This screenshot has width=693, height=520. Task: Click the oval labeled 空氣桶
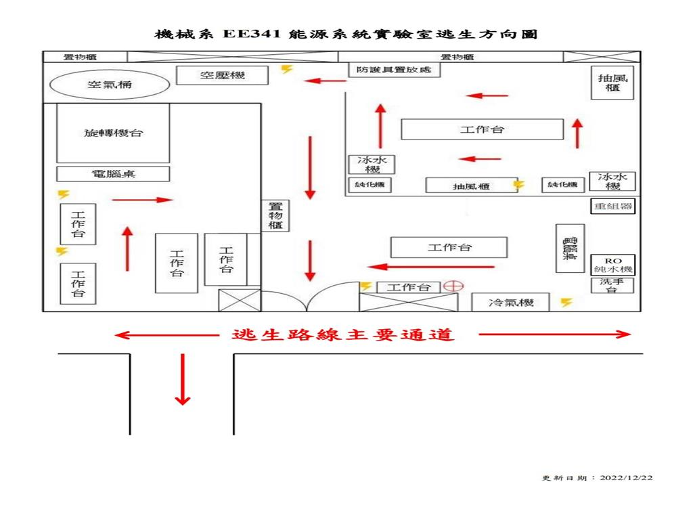tap(109, 85)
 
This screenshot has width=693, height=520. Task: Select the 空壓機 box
tap(222, 75)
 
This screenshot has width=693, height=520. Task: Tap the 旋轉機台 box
tap(113, 133)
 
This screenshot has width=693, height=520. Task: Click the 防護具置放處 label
tap(395, 70)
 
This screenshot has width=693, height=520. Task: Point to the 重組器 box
tap(612, 207)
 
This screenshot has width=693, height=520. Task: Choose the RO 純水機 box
tap(612, 265)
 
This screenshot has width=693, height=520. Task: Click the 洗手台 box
tap(612, 286)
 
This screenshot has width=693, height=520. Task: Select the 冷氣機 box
tap(511, 303)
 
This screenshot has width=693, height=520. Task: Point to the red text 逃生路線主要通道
tap(342, 334)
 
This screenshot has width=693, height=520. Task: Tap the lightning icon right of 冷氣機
tap(566, 303)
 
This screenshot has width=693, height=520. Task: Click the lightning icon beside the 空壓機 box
tap(287, 68)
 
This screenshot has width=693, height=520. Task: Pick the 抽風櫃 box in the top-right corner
tap(612, 83)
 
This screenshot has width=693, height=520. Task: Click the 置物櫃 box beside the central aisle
tap(275, 216)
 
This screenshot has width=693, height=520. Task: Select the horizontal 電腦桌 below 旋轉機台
tap(113, 174)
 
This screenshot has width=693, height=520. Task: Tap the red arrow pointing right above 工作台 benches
tap(142, 200)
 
